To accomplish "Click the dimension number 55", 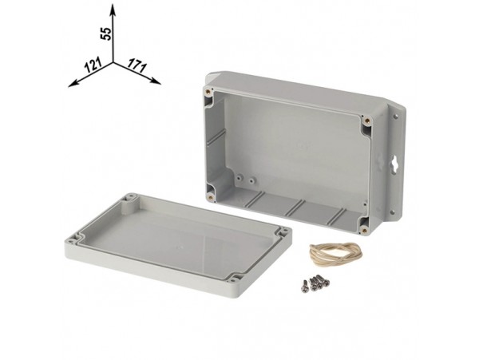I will pyautogui.click(x=104, y=33).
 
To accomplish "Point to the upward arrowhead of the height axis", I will pyautogui.click(x=113, y=7).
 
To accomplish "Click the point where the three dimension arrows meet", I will pyautogui.click(x=113, y=61).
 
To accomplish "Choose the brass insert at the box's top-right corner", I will pyautogui.click(x=368, y=121).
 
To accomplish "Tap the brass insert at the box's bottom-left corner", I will pyautogui.click(x=210, y=192).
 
